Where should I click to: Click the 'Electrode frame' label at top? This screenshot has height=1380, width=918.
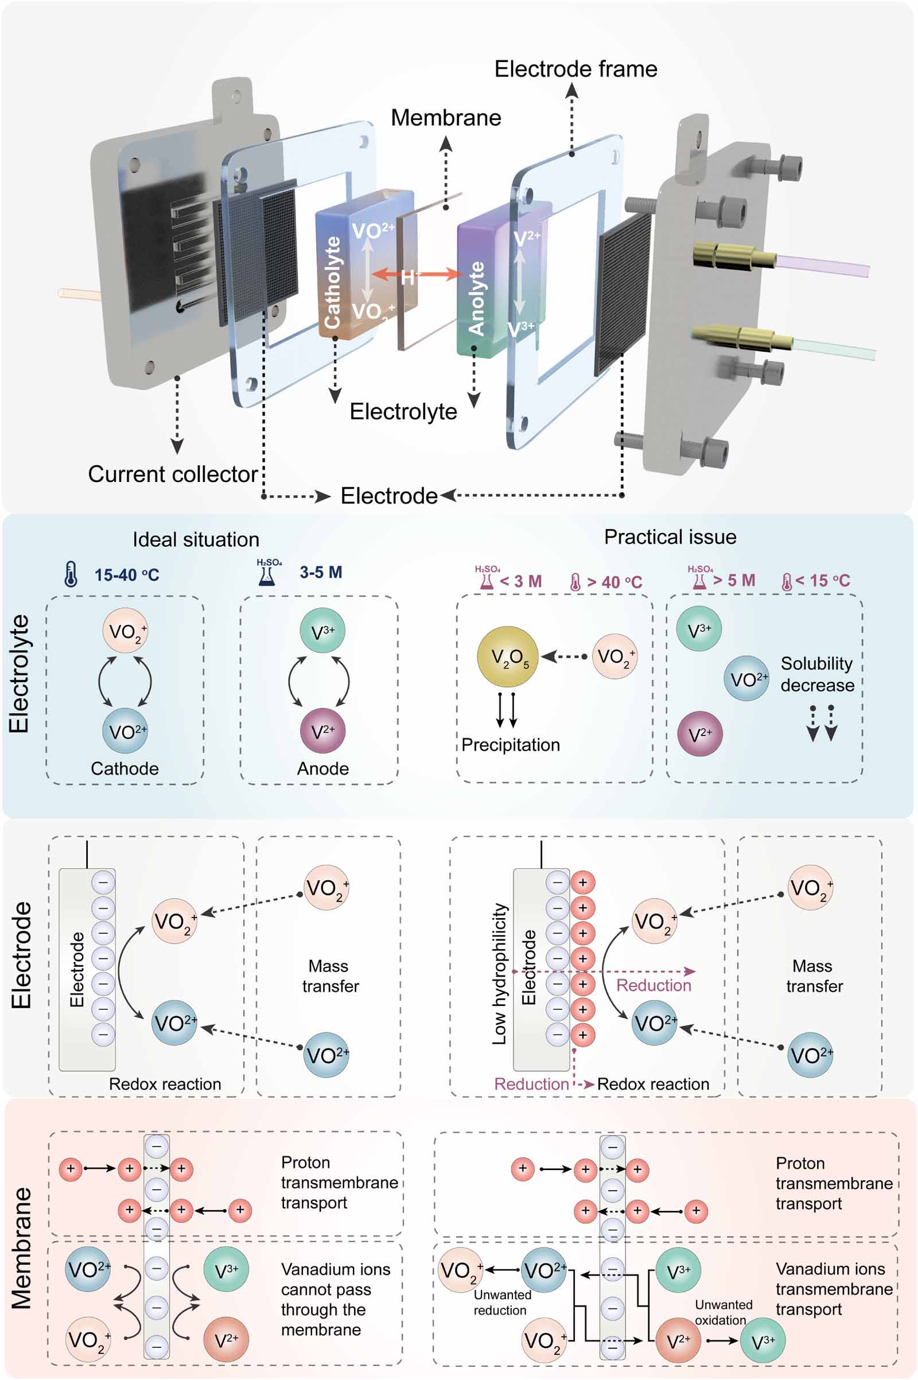pos(575,69)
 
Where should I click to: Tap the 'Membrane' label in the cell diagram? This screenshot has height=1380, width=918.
pos(446,118)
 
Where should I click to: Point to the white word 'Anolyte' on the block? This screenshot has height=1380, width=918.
pos(477,298)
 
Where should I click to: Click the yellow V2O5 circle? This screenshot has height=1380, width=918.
pos(507,656)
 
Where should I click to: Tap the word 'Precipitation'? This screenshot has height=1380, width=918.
pos(510,745)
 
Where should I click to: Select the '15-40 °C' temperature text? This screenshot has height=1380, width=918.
pos(126,575)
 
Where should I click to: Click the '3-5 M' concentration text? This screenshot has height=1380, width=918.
pos(321,572)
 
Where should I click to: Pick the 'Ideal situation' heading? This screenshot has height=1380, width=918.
pos(196,539)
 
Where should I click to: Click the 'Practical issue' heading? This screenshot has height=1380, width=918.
pos(670,537)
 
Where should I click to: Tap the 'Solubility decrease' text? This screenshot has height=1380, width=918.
pos(816,674)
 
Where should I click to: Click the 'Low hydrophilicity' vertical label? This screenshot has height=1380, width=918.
pos(499,974)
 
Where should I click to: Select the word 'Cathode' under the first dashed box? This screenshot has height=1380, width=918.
pos(125,768)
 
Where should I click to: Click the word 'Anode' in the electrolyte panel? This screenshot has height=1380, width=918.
pos(322,768)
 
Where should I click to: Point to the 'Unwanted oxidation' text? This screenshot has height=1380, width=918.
pos(723,1312)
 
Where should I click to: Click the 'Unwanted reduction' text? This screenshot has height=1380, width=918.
pos(501,1302)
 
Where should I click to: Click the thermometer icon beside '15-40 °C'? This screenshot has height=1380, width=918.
pos(71,574)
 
